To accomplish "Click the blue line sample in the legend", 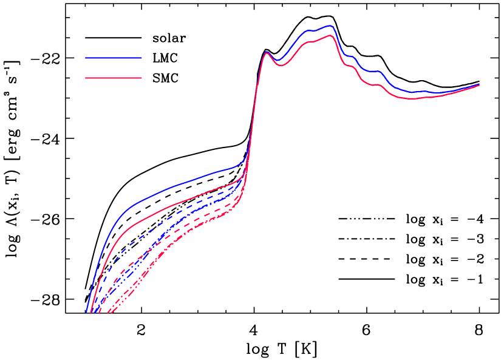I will click(113, 58).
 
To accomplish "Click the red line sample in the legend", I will click(113, 78).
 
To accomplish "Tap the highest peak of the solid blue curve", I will click(330, 26).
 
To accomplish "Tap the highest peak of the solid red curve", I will click(330, 35).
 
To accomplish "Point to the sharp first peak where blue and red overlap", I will click(266, 52).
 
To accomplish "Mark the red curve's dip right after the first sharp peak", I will click(281, 65).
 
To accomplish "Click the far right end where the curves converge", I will click(478, 85).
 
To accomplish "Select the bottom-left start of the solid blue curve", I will click(87, 312).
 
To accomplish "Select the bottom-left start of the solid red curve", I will click(90, 313).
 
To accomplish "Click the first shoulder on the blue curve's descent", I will click(351, 56).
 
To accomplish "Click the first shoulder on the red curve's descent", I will click(351, 66).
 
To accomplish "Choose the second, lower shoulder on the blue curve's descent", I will click(378, 72).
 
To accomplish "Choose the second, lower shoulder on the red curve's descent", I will click(378, 84).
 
